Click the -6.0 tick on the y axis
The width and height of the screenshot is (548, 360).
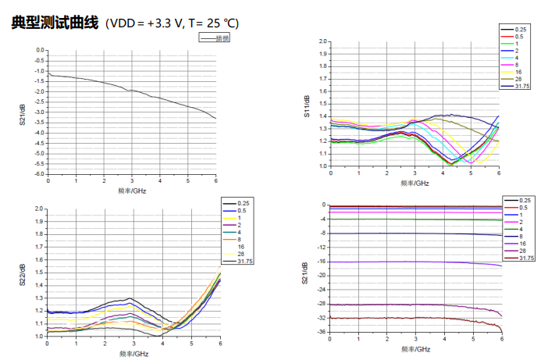tap(40, 174)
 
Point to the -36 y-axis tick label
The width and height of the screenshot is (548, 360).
tap(321, 333)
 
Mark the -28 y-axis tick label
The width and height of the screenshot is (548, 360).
tap(321, 305)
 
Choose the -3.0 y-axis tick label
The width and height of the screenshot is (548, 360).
tap(40, 112)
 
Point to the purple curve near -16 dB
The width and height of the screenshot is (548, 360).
tap(414, 262)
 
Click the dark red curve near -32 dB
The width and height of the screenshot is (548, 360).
tap(414, 318)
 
